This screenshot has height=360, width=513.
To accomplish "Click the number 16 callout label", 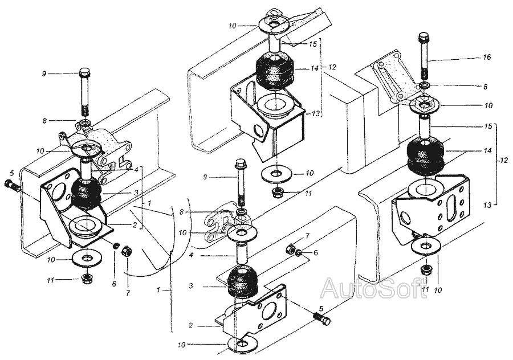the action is (487, 57).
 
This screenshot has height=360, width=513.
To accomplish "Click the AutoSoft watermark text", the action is (373, 288).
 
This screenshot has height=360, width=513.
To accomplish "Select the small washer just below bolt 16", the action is (424, 85).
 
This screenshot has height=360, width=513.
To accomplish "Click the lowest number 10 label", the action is (182, 345).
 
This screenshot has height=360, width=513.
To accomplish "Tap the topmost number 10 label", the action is (233, 26).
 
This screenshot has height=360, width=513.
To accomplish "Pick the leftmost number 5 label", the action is (12, 173).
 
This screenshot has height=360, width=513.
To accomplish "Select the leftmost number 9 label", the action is (44, 74).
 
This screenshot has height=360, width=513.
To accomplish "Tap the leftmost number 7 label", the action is (128, 293).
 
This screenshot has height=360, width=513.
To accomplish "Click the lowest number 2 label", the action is (190, 325).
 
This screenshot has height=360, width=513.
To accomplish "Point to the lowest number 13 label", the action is (487, 205).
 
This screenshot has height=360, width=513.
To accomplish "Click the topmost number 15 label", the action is (313, 44).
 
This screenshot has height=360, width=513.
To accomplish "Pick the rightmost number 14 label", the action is (487, 150).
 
